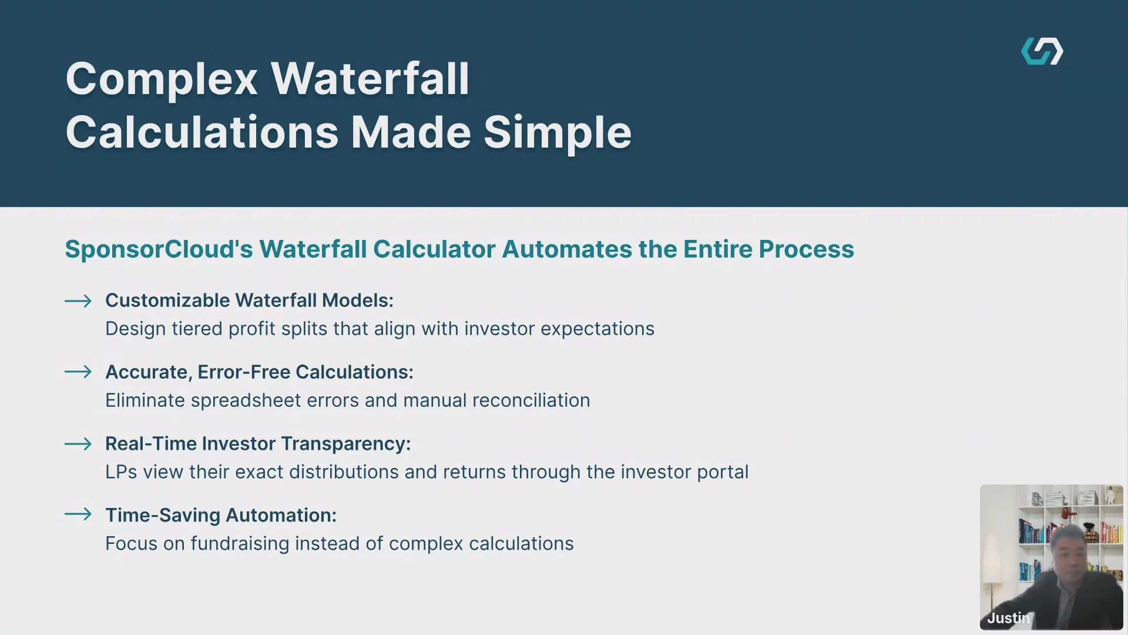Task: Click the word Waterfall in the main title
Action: (x=370, y=78)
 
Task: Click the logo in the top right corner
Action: (x=1042, y=51)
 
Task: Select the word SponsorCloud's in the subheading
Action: (x=159, y=249)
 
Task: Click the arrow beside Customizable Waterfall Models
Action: (x=78, y=301)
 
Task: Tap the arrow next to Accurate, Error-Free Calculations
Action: (x=78, y=372)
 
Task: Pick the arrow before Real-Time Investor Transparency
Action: (x=78, y=444)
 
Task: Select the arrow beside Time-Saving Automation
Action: (x=78, y=514)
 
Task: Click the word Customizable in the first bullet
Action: (x=167, y=300)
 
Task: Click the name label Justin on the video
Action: (x=1008, y=618)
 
